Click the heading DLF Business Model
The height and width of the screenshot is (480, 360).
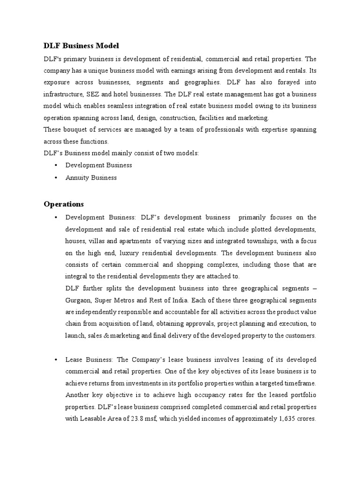[x=82, y=46]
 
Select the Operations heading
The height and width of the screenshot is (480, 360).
[x=64, y=204]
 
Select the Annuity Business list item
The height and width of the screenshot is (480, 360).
[x=91, y=178]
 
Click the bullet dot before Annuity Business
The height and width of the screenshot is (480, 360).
[x=56, y=178]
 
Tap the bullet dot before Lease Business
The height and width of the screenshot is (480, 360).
[x=56, y=360]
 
